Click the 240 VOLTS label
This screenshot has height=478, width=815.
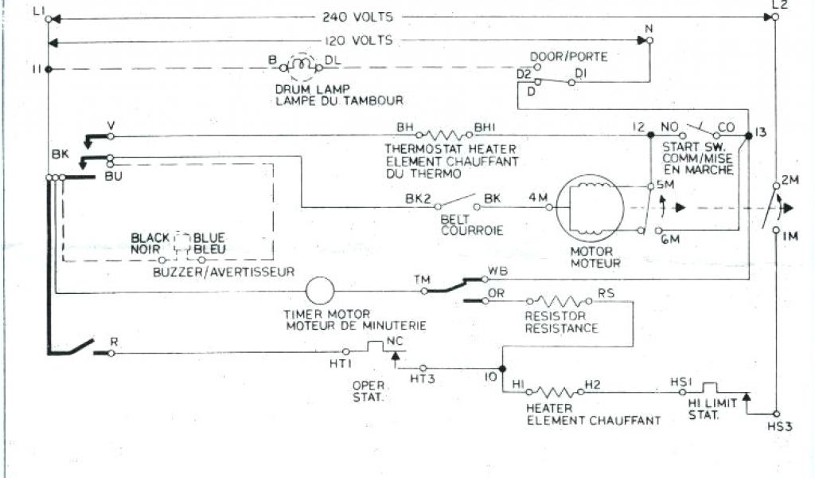[x=358, y=16]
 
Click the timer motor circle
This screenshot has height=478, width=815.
[x=320, y=291]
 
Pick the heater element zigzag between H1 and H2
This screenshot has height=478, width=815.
[x=554, y=392]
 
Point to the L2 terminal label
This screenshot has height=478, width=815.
[x=779, y=6]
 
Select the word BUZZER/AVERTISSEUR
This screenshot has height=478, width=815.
[x=223, y=272]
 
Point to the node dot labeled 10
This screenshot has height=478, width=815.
[x=503, y=369]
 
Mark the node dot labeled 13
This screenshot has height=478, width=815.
[x=747, y=137]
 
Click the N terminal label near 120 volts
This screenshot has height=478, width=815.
[x=649, y=29]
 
